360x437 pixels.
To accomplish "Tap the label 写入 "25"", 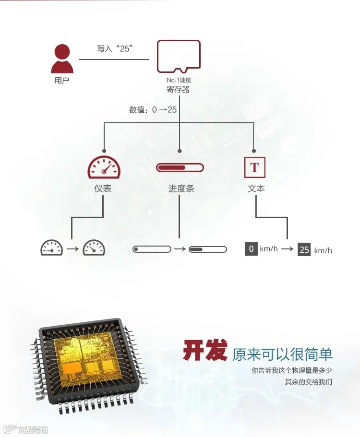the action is pos(114,48).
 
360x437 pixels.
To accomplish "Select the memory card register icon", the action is pos(179,56).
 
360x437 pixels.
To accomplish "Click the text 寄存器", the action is pos(178,89).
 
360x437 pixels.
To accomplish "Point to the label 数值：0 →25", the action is pos(153,110).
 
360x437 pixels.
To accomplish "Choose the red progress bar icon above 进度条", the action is pos(180,168).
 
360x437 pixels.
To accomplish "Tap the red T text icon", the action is pos(255,167).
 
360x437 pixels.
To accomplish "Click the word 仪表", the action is pos(103,189).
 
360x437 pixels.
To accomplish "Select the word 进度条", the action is pos(181,189).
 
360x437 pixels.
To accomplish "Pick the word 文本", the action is pos(256,189).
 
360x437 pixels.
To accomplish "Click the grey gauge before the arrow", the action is pos(51,248).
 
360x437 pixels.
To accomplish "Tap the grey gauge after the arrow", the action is pos(94,248).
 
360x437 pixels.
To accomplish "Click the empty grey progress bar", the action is pos(152,249).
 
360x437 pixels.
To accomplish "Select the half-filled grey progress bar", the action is pos(208,249).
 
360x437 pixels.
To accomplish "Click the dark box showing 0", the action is pos(251,249).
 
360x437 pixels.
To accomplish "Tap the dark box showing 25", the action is pos(304,249).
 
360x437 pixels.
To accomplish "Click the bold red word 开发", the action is pos(204,352).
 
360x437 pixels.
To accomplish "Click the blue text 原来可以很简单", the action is pos(282,354).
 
